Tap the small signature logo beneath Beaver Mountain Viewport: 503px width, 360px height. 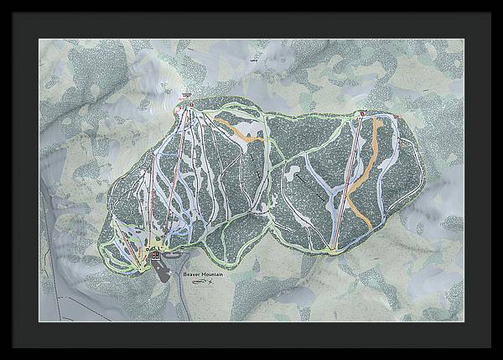point(199,282)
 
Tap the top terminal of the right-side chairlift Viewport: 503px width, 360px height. point(362,113)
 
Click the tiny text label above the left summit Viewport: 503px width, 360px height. point(185,94)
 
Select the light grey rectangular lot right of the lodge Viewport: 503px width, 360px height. point(173,253)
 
